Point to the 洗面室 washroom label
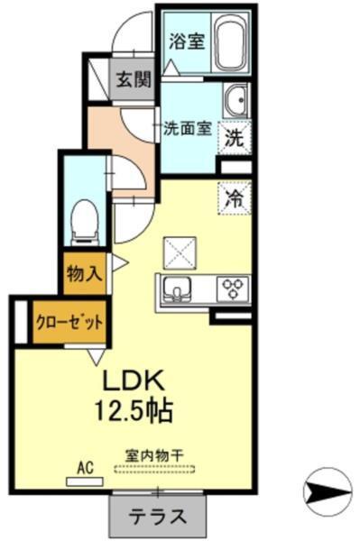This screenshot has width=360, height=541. (x=188, y=127)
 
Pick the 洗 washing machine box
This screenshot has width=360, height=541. (x=234, y=140)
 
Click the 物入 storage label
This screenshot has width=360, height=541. (x=86, y=273)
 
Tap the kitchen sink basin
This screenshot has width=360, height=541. (x=177, y=289)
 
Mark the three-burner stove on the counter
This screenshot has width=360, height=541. (x=234, y=289)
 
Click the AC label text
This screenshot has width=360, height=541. (x=86, y=467)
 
